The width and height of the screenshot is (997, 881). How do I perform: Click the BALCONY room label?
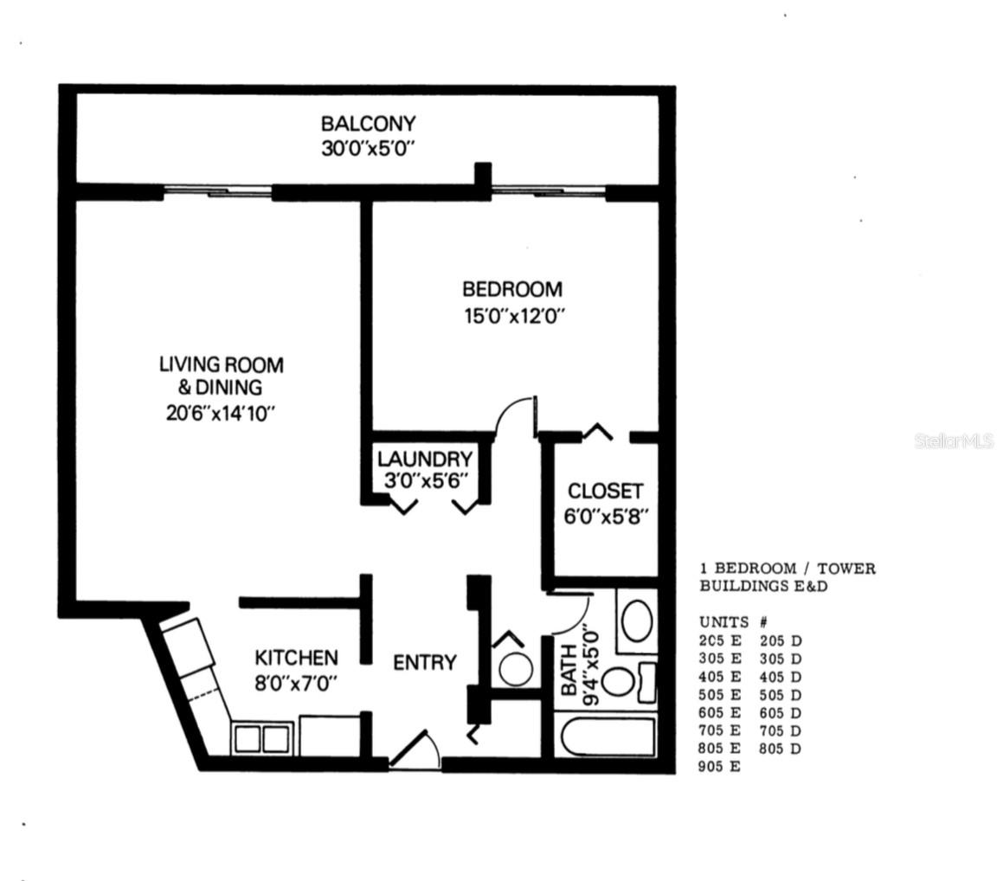tap(368, 123)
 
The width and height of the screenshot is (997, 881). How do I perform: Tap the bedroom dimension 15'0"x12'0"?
tap(515, 316)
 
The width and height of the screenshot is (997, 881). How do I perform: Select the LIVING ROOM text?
tap(222, 365)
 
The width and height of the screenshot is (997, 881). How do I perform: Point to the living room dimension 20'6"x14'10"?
tap(221, 414)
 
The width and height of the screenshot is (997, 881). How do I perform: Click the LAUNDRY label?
tap(425, 459)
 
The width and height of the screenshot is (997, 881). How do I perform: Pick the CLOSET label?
tap(605, 492)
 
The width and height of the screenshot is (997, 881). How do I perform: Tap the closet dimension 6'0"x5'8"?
tap(606, 516)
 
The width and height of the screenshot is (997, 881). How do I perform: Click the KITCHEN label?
tap(296, 657)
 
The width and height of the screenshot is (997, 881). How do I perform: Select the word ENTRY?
tap(425, 663)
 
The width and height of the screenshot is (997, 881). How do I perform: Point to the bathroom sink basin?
tap(636, 621)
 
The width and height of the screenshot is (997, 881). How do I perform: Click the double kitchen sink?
tap(262, 738)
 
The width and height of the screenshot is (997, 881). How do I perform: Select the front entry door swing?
tap(415, 750)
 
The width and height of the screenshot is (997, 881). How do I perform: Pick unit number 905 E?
tap(720, 767)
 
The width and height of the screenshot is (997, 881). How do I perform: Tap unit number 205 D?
tap(780, 640)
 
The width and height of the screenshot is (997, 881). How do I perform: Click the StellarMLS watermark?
tap(954, 440)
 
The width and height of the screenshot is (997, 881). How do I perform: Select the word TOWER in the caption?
tap(846, 569)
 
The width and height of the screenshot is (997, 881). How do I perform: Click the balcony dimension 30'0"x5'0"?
tap(368, 149)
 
